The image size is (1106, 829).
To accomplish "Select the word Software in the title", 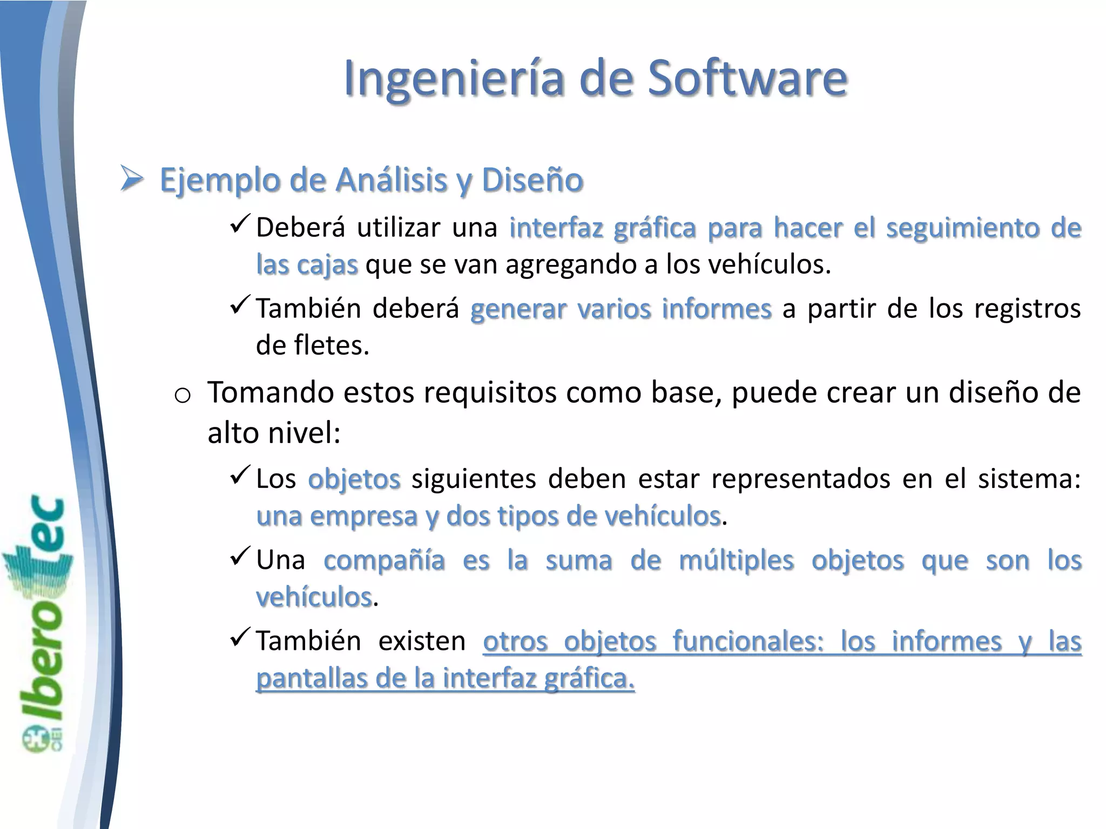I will point(747,79).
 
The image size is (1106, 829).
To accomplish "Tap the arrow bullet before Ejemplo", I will point(131,179).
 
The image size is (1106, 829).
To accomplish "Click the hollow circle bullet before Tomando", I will point(183,396).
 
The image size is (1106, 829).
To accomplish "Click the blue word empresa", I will point(365,516).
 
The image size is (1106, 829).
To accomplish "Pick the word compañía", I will point(384,560).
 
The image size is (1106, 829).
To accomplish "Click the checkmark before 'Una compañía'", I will point(239,555).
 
